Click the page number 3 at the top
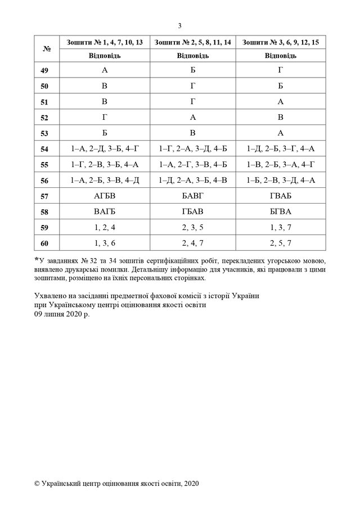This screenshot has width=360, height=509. pyautogui.click(x=179, y=25)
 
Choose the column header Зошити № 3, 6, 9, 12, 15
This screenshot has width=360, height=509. pyautogui.click(x=281, y=43)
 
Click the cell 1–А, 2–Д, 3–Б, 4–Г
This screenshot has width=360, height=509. pyautogui.click(x=105, y=149)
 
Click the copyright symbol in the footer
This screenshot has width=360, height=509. pyautogui.click(x=37, y=483)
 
